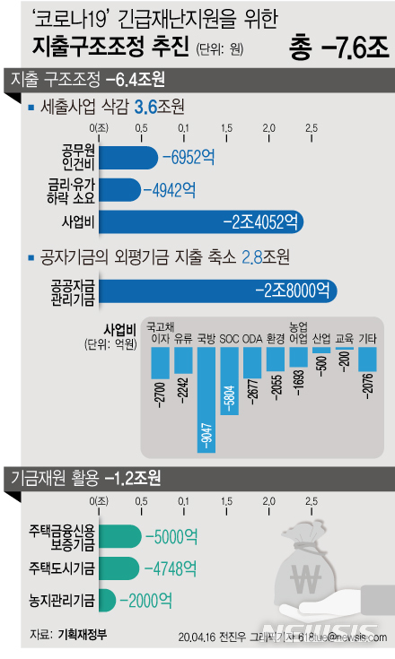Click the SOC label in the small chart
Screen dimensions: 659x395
point(230,340)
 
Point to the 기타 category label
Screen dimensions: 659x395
point(367,340)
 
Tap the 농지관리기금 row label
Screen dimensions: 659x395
point(59,598)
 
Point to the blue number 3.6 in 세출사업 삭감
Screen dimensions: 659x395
point(145,108)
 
